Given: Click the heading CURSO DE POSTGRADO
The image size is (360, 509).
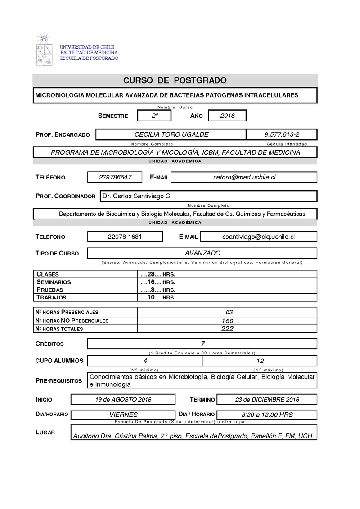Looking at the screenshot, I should click(175, 80).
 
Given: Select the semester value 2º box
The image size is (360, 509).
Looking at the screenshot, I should click(155, 116).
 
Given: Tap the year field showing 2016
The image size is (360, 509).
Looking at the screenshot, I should click(228, 116).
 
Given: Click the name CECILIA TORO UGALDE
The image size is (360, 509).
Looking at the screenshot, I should click(171, 134).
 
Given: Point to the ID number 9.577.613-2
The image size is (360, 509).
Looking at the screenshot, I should click(282, 134).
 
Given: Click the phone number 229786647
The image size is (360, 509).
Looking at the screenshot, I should click(115, 177).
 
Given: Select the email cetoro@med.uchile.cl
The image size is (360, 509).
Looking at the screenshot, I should click(244, 177).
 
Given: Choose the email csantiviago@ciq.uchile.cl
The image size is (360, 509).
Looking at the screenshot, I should click(259, 237).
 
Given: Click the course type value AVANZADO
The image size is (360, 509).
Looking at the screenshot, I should click(202, 253).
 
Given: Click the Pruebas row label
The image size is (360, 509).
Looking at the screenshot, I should click(50, 290).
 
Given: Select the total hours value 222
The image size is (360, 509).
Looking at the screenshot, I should click(227, 329).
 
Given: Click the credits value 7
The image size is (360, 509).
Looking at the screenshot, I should click(203, 344).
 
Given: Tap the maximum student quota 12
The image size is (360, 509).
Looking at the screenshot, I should click(260, 361).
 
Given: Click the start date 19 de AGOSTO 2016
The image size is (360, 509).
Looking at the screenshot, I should click(123, 399).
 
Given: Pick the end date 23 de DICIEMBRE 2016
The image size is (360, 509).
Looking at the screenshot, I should click(267, 399).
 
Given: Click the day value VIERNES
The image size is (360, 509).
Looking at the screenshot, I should click(124, 415).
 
